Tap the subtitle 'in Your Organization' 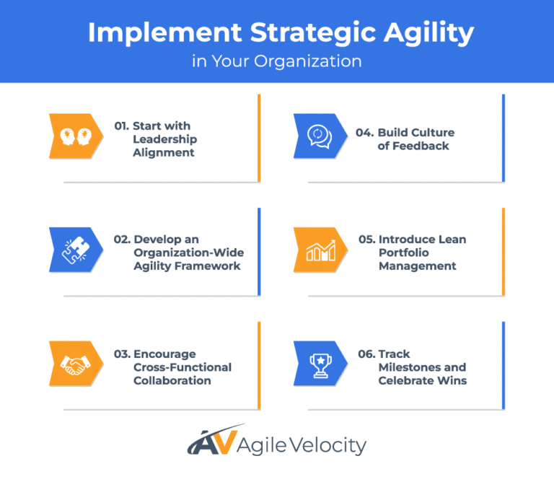277,61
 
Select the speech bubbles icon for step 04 318,136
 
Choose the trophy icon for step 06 318,364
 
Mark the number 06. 366,354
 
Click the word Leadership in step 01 164,139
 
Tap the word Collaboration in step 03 172,380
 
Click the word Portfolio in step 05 404,253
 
